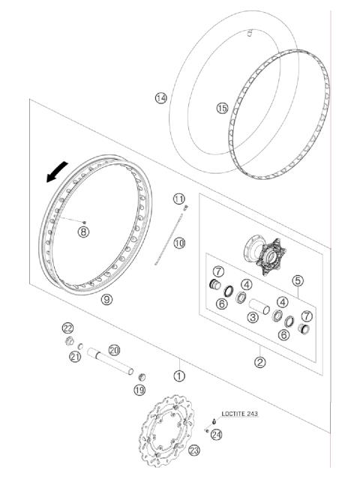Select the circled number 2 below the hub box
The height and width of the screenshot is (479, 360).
pyautogui.click(x=259, y=363)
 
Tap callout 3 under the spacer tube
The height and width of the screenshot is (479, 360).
pyautogui.click(x=253, y=318)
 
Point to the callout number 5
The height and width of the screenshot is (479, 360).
pyautogui.click(x=297, y=281)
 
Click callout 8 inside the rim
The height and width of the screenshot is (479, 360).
pyautogui.click(x=83, y=232)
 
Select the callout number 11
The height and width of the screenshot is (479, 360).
pyautogui.click(x=178, y=199)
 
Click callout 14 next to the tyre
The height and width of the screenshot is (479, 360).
pyautogui.click(x=160, y=98)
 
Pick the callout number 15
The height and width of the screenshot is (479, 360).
pyautogui.click(x=221, y=108)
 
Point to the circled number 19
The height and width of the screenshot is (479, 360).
pyautogui.click(x=139, y=390)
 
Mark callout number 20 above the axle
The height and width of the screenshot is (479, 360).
pyautogui.click(x=114, y=349)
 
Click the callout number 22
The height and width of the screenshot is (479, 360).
pyautogui.click(x=67, y=328)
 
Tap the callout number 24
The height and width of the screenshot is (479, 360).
pyautogui.click(x=217, y=434)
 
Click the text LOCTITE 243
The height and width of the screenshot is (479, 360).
pyautogui.click(x=242, y=414)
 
